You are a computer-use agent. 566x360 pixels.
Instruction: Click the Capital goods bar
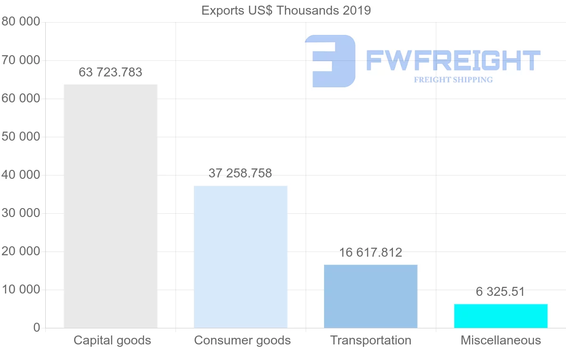[x=110, y=206]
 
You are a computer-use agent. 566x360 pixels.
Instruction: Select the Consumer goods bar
[x=241, y=257]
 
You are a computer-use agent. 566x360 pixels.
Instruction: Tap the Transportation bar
[x=371, y=296]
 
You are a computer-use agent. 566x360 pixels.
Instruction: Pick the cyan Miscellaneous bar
[x=501, y=316]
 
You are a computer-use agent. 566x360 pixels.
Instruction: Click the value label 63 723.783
[x=110, y=72]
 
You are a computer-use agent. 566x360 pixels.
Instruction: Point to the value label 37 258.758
[x=240, y=173]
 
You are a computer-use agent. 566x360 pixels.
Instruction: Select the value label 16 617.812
[x=371, y=252]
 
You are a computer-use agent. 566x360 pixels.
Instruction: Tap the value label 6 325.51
[x=500, y=292]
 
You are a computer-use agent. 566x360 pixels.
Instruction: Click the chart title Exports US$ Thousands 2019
[x=286, y=10]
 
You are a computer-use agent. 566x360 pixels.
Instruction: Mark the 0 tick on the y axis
[x=37, y=328]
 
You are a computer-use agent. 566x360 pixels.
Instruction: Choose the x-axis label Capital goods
[x=112, y=340]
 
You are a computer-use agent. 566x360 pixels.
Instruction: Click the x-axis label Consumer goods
[x=242, y=340]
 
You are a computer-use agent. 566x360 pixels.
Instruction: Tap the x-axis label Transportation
[x=371, y=340]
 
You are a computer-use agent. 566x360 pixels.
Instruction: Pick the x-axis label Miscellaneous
[x=501, y=340]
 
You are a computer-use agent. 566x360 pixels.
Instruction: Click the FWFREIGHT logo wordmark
[x=453, y=61]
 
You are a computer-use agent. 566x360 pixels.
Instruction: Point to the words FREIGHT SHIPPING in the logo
[x=453, y=80]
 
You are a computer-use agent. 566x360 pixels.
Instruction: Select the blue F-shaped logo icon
[x=330, y=61]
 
